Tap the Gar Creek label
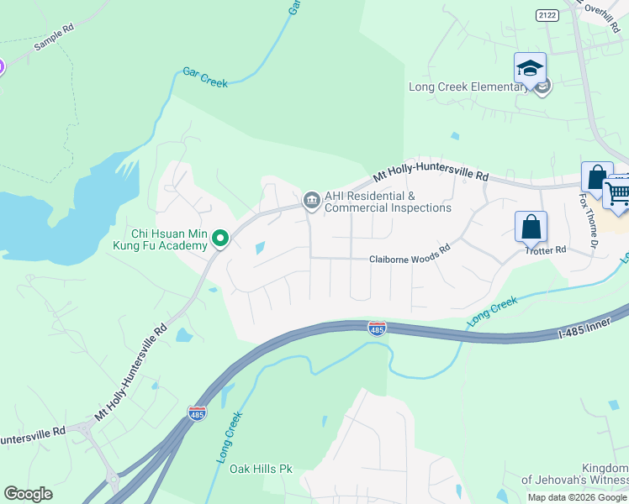click(x=205, y=78)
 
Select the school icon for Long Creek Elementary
click(x=530, y=68)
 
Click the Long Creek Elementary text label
click(x=466, y=87)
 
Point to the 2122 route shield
click(x=547, y=15)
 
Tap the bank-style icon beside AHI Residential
click(x=311, y=200)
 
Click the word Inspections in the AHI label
click(x=417, y=207)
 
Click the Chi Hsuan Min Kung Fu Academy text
click(x=168, y=239)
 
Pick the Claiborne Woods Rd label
click(x=410, y=260)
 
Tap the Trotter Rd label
click(x=546, y=250)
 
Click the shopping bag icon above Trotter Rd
click(x=531, y=226)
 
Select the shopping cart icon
click(x=618, y=193)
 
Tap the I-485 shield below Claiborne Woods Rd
click(x=378, y=328)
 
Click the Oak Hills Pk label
click(x=261, y=469)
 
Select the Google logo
click(x=28, y=494)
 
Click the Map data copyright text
click(x=577, y=497)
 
